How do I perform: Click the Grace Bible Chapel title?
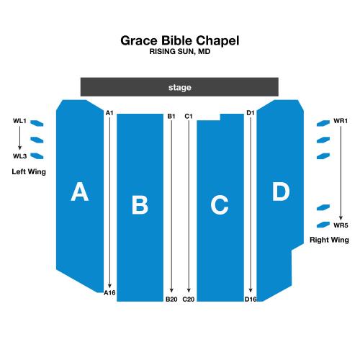coord(180,41)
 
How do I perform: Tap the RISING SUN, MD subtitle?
coord(180,51)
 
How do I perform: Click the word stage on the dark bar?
coord(180,87)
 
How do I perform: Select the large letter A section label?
coord(80,192)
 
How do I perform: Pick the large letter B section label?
coord(140,205)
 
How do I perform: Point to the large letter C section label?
coord(220,204)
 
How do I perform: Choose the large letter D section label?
coord(281,192)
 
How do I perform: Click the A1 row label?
coord(109,113)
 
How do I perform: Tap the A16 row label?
coord(109,293)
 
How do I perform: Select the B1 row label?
coord(171,117)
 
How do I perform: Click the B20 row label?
coord(171,300)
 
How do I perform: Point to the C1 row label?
coord(189,117)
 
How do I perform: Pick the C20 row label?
coord(189,300)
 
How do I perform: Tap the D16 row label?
coord(251,300)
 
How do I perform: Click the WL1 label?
coord(19,121)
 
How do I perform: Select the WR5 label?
coord(341,225)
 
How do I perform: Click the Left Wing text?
coord(29,172)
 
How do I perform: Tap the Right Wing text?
coord(329,240)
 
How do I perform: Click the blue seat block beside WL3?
coord(37,156)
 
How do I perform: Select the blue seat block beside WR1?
coord(323,123)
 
